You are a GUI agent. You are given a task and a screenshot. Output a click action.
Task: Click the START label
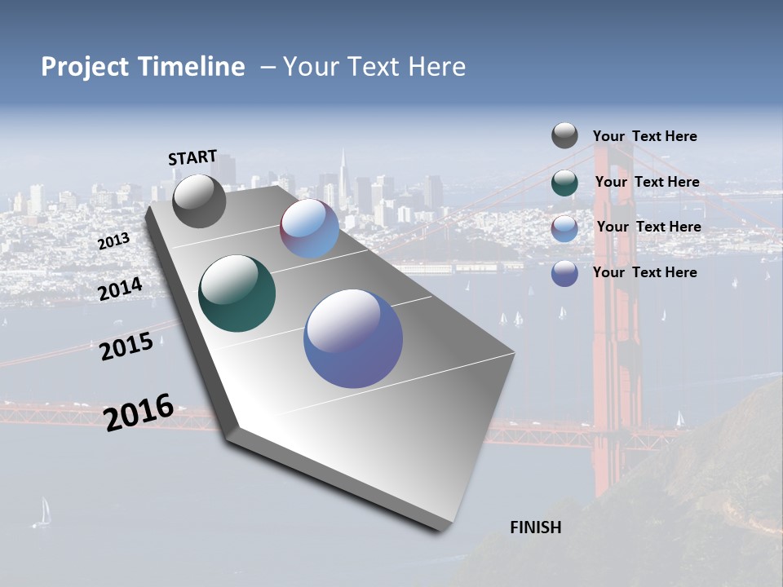192,157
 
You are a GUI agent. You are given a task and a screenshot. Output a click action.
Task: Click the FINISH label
535,527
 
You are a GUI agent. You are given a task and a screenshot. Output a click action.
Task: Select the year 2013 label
113,241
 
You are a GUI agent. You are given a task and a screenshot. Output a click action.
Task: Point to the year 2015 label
126,346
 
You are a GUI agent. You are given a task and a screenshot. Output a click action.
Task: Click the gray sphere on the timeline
199,201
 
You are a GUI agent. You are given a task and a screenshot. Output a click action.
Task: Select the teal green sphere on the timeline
237,293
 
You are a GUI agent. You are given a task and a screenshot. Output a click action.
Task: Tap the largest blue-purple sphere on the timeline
353,338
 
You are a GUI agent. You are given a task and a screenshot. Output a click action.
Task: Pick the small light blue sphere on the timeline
309,228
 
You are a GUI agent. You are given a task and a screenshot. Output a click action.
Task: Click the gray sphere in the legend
564,135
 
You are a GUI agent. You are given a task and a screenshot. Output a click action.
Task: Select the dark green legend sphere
564,183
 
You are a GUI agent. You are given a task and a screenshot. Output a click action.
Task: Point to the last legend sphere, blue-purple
564,273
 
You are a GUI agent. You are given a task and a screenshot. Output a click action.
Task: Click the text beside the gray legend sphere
644,136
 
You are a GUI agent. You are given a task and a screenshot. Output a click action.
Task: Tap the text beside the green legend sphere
647,182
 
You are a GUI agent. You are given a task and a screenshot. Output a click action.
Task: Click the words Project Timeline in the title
143,67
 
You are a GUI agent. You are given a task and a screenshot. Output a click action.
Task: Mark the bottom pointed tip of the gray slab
441,530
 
